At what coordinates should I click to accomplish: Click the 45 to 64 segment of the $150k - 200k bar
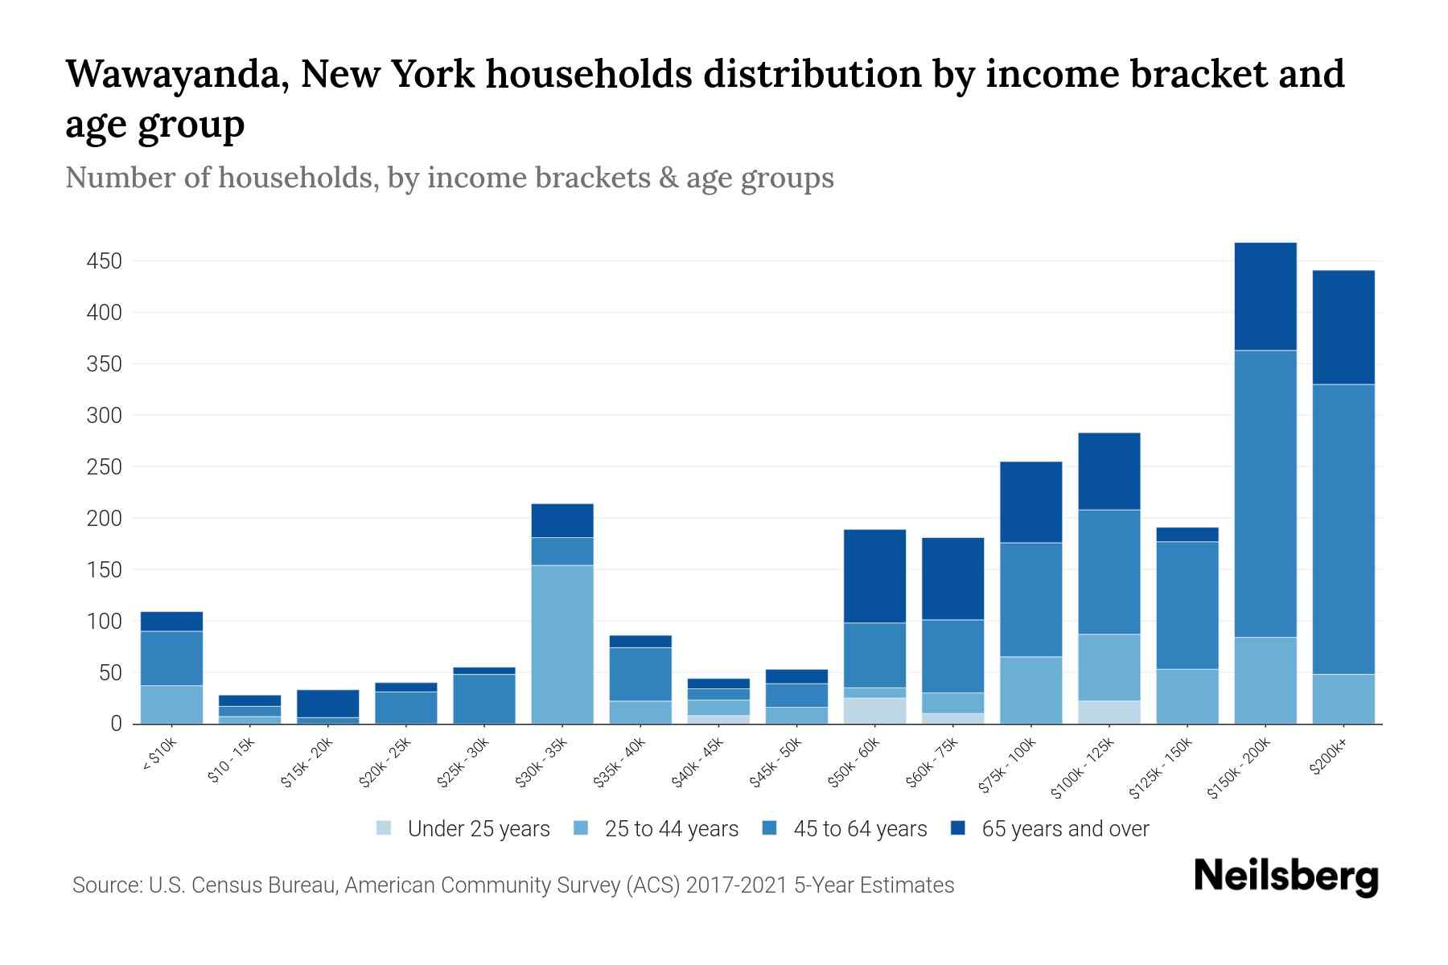point(1265,494)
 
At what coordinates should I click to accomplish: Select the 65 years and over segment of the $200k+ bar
point(1343,327)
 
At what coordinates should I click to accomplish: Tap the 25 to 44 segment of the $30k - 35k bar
point(562,644)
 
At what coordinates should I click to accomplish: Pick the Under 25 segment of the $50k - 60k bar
point(874,711)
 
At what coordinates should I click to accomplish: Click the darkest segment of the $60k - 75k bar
point(952,578)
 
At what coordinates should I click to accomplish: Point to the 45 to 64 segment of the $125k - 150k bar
point(1187,606)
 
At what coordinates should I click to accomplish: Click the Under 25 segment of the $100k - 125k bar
point(1109,712)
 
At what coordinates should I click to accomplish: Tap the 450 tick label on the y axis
point(104,261)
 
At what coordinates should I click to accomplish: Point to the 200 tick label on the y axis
point(104,519)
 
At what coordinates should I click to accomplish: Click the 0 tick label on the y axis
point(116,724)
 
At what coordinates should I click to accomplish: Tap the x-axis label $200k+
point(1328,758)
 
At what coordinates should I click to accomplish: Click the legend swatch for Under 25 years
point(385,828)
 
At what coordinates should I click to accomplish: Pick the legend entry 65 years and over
point(1064,829)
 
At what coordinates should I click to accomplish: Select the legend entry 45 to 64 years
point(859,829)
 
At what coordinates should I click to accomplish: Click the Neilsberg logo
point(1286,877)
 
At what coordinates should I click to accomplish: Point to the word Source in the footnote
point(105,885)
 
